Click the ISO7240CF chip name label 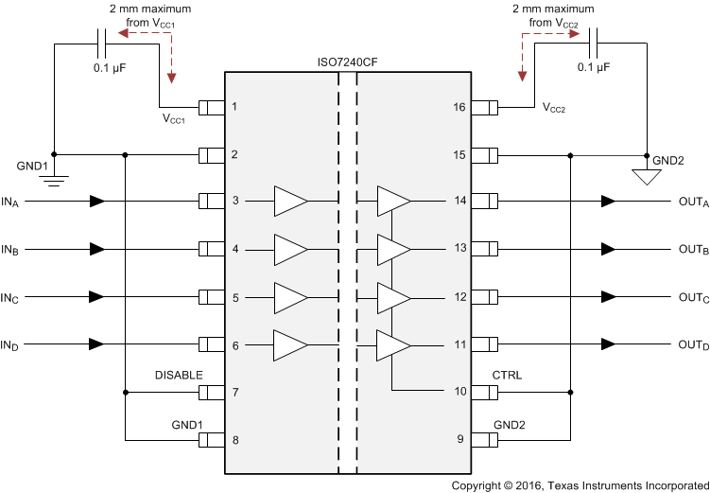[x=347, y=63]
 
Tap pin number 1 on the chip [x=234, y=106]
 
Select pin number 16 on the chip [x=460, y=106]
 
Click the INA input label [x=10, y=202]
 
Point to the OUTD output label [x=693, y=344]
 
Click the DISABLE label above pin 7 [x=179, y=375]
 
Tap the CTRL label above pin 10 [x=507, y=375]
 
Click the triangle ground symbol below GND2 [x=647, y=176]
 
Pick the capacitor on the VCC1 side [x=103, y=43]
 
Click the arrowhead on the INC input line [x=97, y=297]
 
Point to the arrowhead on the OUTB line [x=608, y=249]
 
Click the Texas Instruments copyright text [x=578, y=484]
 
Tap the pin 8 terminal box [x=210, y=440]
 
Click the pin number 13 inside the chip [x=460, y=249]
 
